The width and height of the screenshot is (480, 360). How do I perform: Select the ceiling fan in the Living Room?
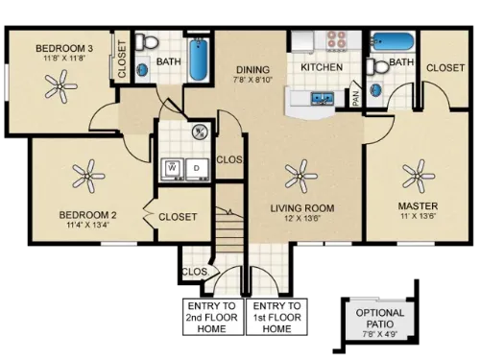click(300, 174)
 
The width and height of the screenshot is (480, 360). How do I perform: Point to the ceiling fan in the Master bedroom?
click(418, 175)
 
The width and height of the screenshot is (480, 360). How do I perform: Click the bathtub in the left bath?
click(198, 60)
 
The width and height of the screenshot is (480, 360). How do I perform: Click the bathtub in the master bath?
click(392, 42)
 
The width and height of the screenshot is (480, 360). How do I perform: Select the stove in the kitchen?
click(336, 40)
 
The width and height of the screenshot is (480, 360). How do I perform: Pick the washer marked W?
click(173, 166)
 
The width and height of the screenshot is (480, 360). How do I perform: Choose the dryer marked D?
click(196, 166)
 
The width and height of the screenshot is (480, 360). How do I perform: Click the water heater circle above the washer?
click(200, 132)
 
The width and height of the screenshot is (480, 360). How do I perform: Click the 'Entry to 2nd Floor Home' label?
click(207, 317)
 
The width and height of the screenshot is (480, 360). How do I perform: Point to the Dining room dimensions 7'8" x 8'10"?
click(253, 80)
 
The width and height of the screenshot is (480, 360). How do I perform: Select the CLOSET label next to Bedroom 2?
click(178, 217)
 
